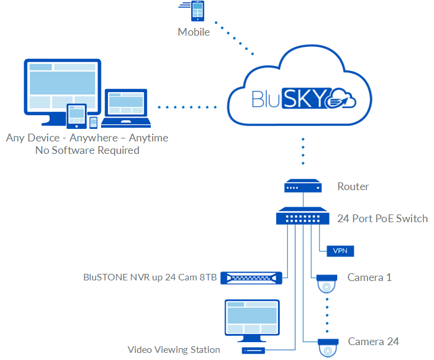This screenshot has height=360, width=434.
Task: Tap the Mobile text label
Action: pyautogui.click(x=194, y=32)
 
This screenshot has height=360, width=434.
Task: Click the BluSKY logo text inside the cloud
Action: pyautogui.click(x=291, y=98)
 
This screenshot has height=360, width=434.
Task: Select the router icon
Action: pyautogui.click(x=302, y=187)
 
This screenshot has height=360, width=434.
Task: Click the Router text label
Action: pyautogui.click(x=353, y=187)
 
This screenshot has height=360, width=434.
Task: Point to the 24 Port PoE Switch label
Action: pyautogui.click(x=382, y=219)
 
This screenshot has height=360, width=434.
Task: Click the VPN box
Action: pyautogui.click(x=340, y=251)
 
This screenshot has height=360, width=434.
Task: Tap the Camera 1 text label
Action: pyautogui.click(x=369, y=277)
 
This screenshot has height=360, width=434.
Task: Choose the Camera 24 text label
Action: pyautogui.click(x=373, y=342)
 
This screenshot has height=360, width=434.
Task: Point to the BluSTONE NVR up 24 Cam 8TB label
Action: pyautogui.click(x=150, y=277)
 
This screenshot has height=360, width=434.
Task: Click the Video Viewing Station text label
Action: pyautogui.click(x=174, y=350)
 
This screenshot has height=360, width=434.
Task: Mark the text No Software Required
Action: pyautogui.click(x=87, y=150)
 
